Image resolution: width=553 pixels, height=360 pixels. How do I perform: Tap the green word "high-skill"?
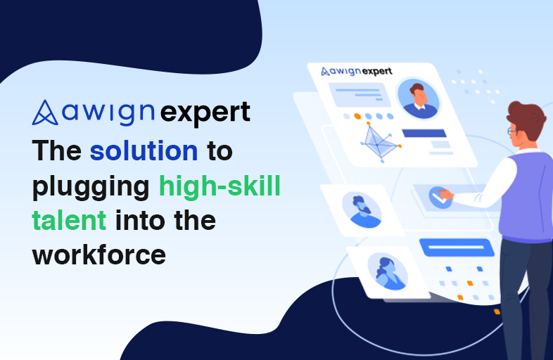pyautogui.click(x=219, y=186)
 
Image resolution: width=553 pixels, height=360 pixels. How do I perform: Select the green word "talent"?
pyautogui.click(x=69, y=220)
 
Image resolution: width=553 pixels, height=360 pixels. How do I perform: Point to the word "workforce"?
pyautogui.click(x=98, y=253)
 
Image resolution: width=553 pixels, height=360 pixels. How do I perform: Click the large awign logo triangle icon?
pyautogui.click(x=45, y=112)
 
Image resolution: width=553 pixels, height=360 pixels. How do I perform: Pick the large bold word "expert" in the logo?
pyautogui.click(x=205, y=112)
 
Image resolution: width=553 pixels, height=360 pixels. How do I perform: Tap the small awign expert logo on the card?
pyautogui.click(x=356, y=71)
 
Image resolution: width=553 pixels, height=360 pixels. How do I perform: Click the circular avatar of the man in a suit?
pyautogui.click(x=417, y=98)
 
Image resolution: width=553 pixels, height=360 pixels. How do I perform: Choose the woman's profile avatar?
pyautogui.click(x=387, y=271)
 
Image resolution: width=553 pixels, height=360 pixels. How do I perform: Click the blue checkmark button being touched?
pyautogui.click(x=440, y=195)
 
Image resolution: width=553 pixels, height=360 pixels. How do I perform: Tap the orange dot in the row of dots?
pyautogui.click(x=357, y=116)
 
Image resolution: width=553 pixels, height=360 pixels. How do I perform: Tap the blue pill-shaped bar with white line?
pyautogui.click(x=456, y=247)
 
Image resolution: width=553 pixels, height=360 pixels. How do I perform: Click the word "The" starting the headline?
pyautogui.click(x=58, y=152)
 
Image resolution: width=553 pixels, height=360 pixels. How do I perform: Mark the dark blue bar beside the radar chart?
pyautogui.click(x=424, y=133)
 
